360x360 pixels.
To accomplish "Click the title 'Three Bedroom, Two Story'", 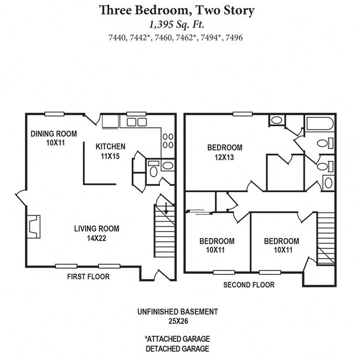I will pyautogui.click(x=177, y=10).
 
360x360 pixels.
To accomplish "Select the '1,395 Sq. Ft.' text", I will pyautogui.click(x=177, y=24).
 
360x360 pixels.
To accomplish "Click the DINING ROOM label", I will pyautogui.click(x=54, y=133).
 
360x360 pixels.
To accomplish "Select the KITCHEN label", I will pyautogui.click(x=111, y=147).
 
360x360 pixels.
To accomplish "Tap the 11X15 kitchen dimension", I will pyautogui.click(x=111, y=156).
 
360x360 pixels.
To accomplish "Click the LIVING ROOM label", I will pyautogui.click(x=97, y=228).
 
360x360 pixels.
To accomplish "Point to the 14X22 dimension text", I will pyautogui.click(x=97, y=238).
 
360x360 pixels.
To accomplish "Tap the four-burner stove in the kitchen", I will pyautogui.click(x=168, y=141).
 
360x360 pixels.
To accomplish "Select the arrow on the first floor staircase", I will pyautogui.click(x=165, y=209).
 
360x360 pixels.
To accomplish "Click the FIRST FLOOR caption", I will pyautogui.click(x=88, y=276).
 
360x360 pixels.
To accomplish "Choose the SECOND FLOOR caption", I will pyautogui.click(x=249, y=285).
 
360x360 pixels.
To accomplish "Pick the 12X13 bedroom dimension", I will pyautogui.click(x=225, y=157).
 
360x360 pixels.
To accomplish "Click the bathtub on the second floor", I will pyautogui.click(x=319, y=124).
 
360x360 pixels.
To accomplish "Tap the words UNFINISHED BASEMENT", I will pyautogui.click(x=177, y=312).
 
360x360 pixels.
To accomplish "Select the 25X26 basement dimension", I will pyautogui.click(x=177, y=321).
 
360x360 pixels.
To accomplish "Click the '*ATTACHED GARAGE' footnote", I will pyautogui.click(x=177, y=338).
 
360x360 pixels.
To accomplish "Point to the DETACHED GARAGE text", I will pyautogui.click(x=177, y=348).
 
